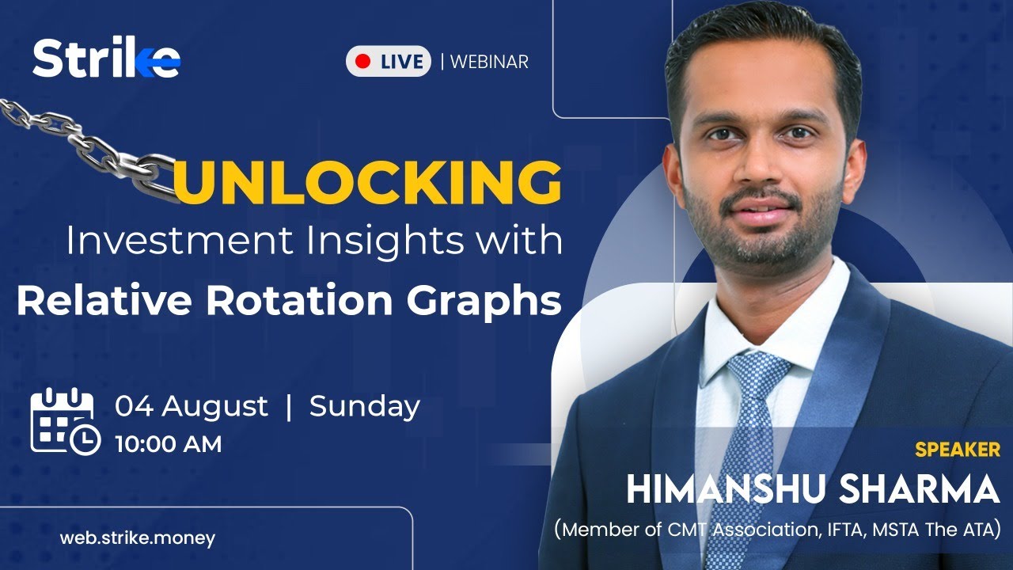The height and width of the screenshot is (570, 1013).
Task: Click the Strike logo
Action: pos(106,59)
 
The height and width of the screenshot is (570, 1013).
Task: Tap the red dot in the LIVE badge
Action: pos(363,61)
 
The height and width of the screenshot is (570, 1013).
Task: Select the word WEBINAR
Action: pos(489,62)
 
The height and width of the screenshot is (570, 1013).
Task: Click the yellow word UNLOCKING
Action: pos(367,182)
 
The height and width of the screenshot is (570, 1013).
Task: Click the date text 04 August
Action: pos(192,406)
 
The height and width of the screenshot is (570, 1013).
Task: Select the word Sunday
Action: pos(364,406)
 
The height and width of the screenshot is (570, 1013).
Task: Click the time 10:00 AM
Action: pos(168,444)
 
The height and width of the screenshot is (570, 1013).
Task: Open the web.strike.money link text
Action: pos(137,538)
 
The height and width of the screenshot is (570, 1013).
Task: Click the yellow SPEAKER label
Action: pos(957,450)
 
